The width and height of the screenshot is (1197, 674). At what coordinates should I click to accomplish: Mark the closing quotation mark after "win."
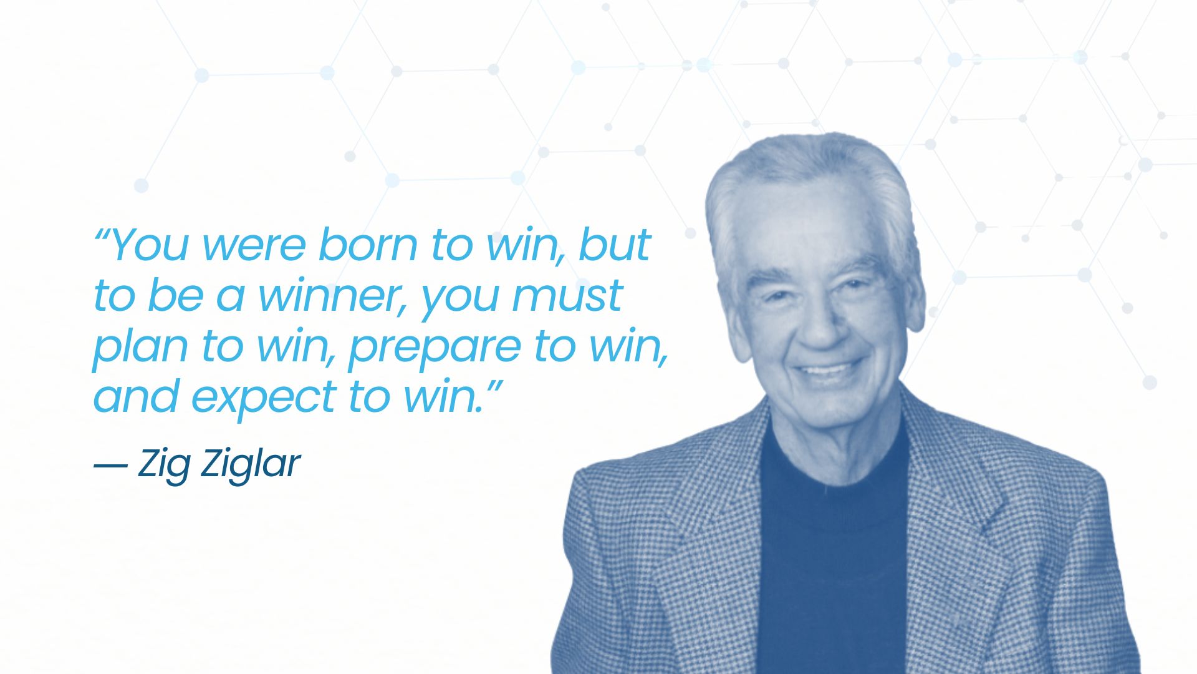493,385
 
